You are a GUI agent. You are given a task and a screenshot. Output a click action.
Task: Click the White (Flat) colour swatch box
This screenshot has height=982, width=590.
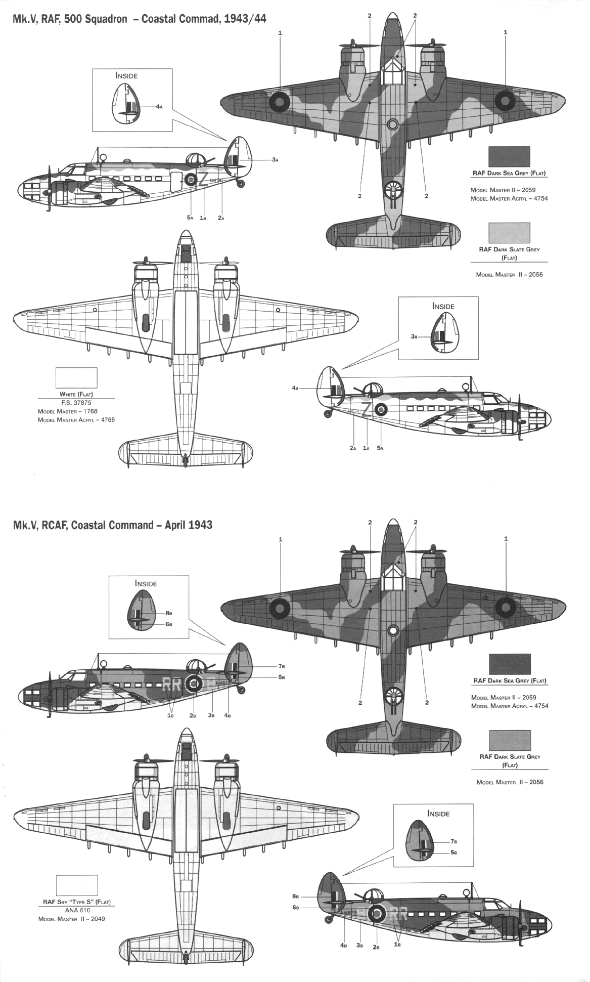click(x=76, y=378)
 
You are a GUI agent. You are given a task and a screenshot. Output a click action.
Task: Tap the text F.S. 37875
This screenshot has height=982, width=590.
click(x=76, y=403)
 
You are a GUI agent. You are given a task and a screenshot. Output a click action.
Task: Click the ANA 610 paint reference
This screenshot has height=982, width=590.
click(x=77, y=910)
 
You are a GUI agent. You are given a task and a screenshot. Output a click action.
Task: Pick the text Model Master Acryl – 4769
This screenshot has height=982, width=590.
click(x=76, y=419)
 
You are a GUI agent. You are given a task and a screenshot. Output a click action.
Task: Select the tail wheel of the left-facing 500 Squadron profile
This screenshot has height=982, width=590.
click(x=241, y=182)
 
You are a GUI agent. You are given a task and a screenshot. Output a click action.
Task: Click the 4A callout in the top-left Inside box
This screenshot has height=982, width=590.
click(x=159, y=107)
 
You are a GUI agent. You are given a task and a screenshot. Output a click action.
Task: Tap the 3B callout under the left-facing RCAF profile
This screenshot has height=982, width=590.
click(x=212, y=715)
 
